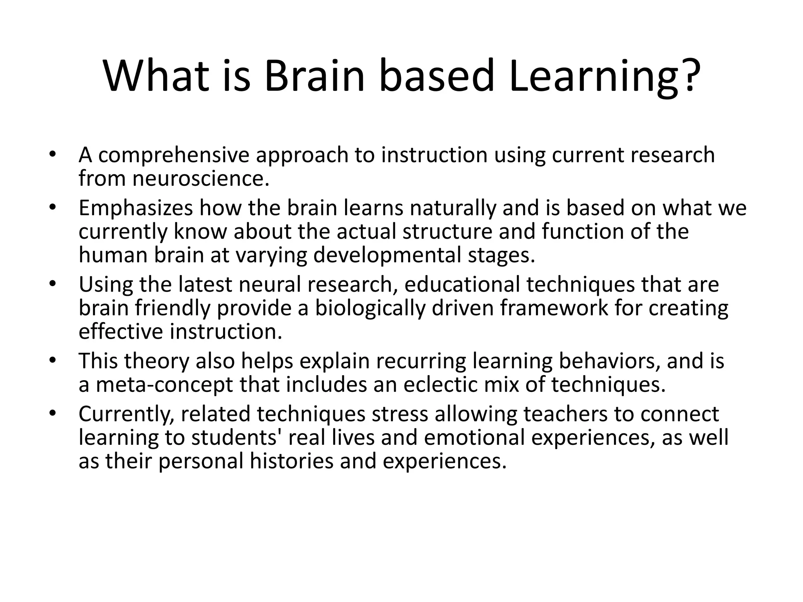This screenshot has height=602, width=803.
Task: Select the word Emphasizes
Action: pyautogui.click(x=136, y=208)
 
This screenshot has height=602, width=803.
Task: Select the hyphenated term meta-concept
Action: pyautogui.click(x=165, y=384)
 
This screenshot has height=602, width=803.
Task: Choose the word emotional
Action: pyautogui.click(x=474, y=438)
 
